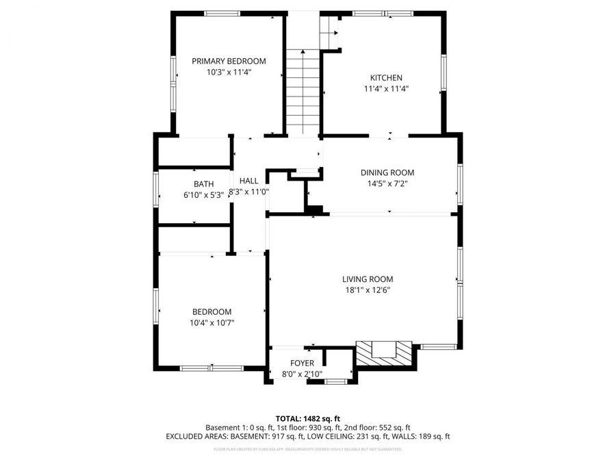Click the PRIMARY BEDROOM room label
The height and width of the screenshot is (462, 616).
[x=229, y=61]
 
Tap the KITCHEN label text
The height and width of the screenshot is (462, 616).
[x=386, y=78]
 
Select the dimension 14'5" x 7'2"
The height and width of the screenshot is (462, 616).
[x=387, y=183]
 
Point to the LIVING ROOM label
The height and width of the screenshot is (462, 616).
[x=368, y=279]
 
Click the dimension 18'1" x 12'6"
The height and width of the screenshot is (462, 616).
[x=368, y=290]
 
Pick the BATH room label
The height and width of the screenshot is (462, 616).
[x=203, y=184]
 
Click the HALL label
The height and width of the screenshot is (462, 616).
[x=248, y=181]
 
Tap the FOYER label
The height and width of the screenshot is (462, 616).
[x=302, y=363]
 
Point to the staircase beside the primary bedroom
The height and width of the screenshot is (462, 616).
[x=302, y=92]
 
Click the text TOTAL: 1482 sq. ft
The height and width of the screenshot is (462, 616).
[x=307, y=418]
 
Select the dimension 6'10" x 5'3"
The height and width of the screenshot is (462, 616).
[x=203, y=195]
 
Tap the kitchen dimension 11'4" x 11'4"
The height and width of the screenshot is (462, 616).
[x=386, y=89]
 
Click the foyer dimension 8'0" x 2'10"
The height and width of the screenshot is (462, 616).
[x=302, y=374]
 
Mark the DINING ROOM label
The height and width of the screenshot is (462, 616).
[x=387, y=172]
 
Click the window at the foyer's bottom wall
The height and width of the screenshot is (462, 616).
[x=333, y=381]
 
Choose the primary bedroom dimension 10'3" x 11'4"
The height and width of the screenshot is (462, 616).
[x=229, y=72]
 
